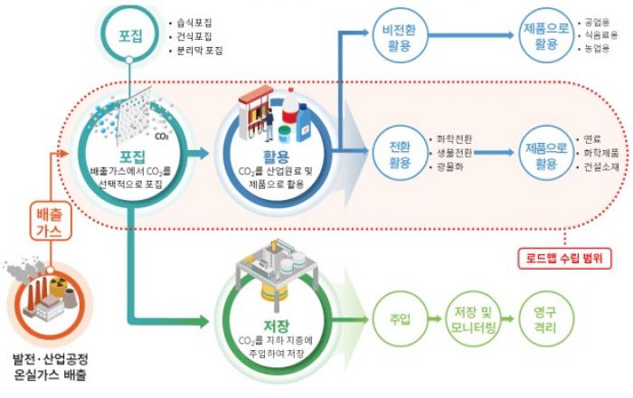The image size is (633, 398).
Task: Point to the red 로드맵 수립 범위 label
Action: point(566,257)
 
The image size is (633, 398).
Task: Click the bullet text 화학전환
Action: point(454,140)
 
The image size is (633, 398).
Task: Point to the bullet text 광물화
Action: point(449,168)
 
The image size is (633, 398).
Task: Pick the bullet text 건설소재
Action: point(602,168)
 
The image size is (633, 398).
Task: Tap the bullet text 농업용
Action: point(599,51)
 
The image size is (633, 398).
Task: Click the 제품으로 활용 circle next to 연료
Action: point(545,154)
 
